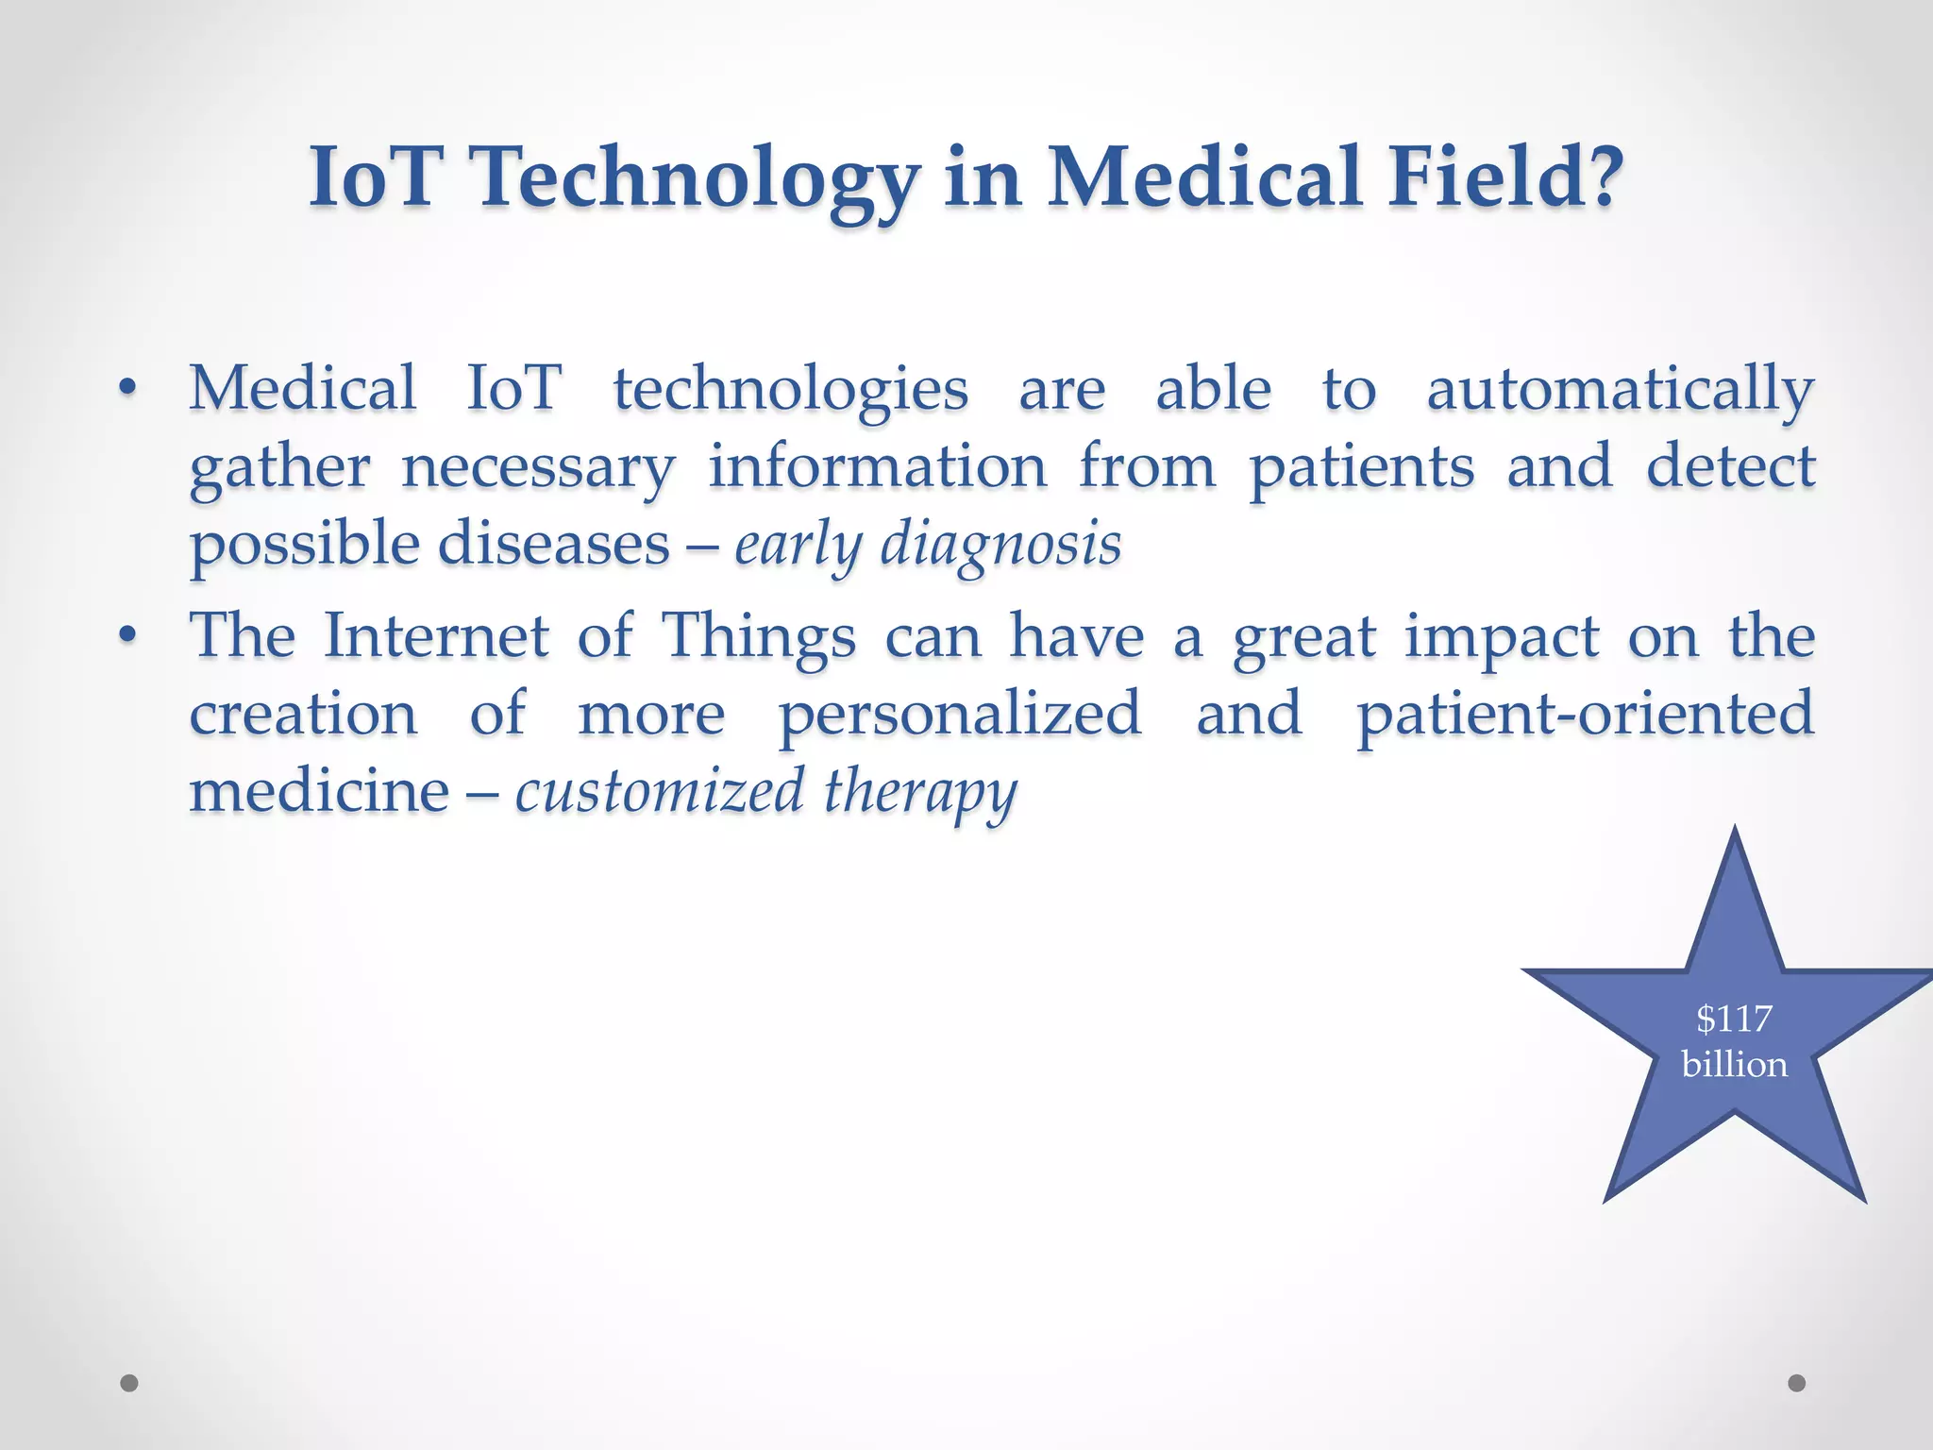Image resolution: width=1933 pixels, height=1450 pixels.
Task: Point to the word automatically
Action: [1620, 390]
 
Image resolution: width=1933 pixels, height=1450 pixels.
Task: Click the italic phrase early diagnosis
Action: [928, 546]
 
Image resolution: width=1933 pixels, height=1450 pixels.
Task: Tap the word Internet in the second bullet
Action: [436, 635]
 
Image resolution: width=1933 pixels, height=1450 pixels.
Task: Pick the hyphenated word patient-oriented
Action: [1585, 714]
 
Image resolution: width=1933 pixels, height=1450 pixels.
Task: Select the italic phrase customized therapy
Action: [765, 792]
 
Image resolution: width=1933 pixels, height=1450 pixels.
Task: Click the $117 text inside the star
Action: [1734, 1019]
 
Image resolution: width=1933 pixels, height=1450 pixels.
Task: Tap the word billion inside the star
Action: [1734, 1065]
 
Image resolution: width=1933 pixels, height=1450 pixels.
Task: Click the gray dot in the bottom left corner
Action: [129, 1383]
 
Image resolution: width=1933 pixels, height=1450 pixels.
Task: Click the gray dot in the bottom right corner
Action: [1797, 1383]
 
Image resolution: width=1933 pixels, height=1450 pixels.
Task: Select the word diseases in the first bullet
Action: [553, 545]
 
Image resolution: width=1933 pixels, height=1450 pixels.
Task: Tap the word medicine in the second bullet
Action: [319, 791]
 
